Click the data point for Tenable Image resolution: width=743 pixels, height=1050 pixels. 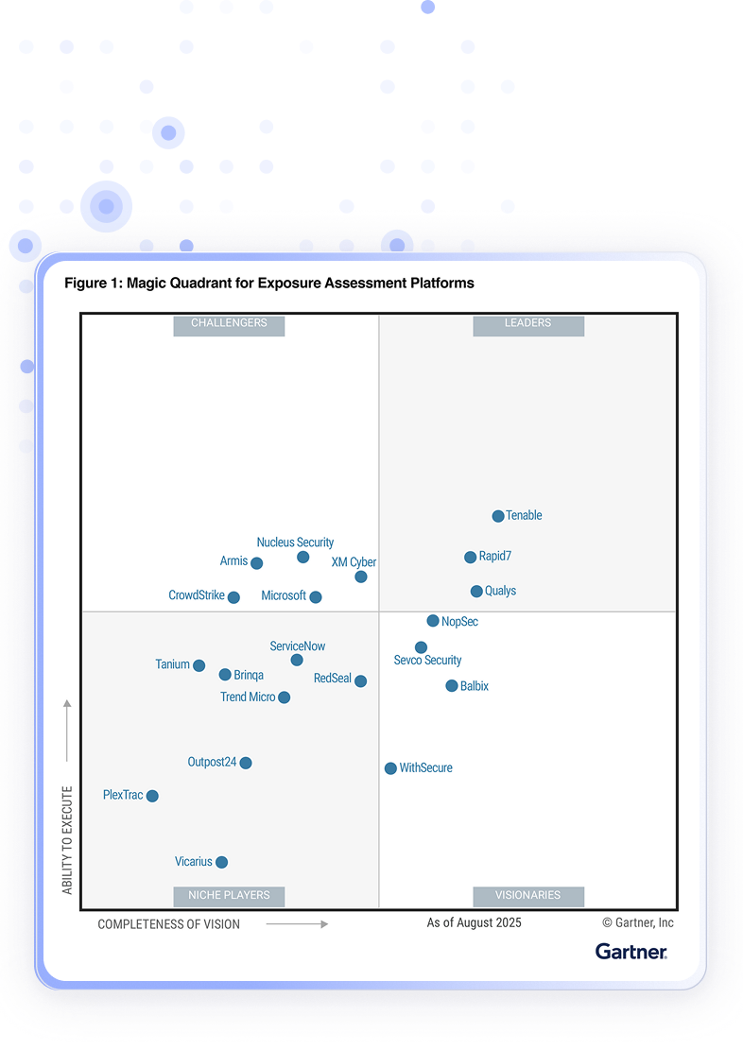tap(498, 516)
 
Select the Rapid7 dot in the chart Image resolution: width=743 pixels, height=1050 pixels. tap(471, 558)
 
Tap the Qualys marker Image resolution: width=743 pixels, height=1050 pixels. tap(477, 592)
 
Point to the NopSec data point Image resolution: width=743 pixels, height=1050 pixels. tap(433, 621)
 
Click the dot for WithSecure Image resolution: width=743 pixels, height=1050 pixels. tap(390, 768)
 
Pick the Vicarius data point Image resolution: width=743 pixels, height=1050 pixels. tap(221, 862)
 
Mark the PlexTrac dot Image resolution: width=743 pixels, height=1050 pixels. tap(152, 796)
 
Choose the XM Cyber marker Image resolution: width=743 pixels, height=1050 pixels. tap(361, 577)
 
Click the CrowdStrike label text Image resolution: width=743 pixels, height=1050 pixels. tap(197, 595)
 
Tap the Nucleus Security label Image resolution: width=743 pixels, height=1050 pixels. tap(295, 542)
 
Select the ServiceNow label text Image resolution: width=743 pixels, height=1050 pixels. tap(298, 646)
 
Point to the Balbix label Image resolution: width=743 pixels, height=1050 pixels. tap(475, 686)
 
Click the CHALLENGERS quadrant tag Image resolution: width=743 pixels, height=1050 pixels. tap(229, 323)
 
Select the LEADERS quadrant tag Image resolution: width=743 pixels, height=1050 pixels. tap(527, 323)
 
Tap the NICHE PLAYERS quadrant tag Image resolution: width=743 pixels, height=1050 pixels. tap(229, 895)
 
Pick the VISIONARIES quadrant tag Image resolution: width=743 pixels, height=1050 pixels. tap(528, 895)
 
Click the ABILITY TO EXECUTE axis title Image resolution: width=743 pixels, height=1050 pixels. tap(67, 840)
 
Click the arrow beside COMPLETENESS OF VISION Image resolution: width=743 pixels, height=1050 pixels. tap(297, 924)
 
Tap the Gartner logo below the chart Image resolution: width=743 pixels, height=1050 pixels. tap(631, 951)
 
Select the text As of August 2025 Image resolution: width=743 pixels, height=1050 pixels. tap(474, 922)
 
